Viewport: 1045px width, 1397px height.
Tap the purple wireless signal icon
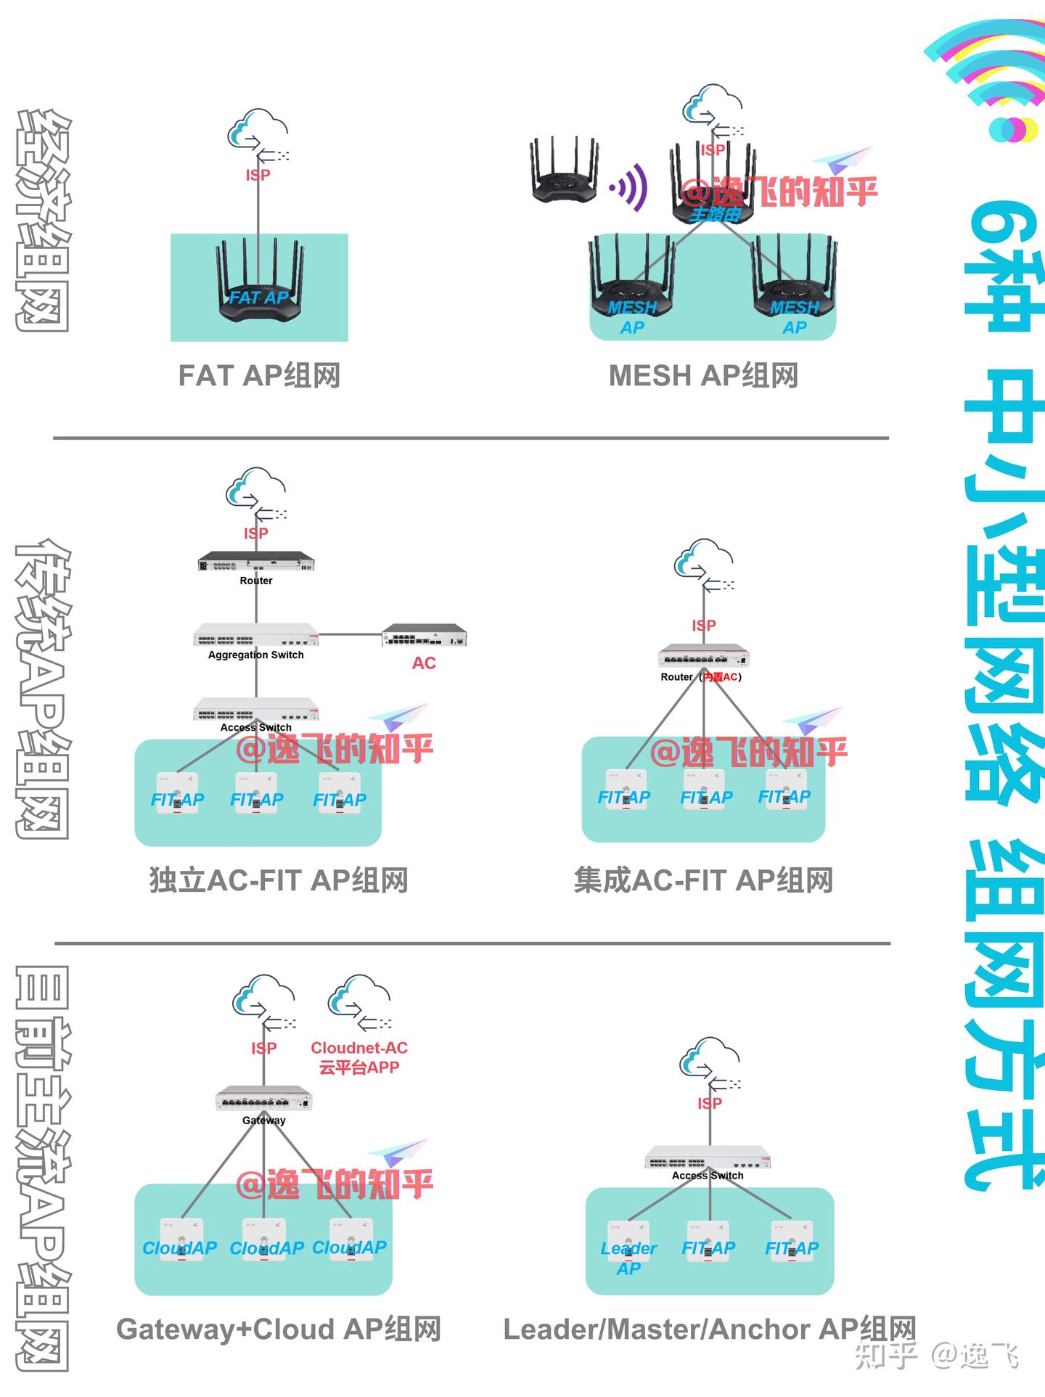pos(629,187)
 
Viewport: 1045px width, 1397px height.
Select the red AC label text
pos(424,663)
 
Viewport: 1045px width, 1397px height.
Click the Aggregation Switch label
pos(256,655)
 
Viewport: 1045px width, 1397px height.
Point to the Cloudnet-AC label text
pos(359,1048)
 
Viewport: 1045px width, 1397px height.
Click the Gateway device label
pos(263,1120)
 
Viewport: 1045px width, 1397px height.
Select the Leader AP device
pos(628,1243)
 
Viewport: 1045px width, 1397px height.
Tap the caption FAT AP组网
pos(259,376)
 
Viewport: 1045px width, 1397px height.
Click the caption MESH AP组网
pos(703,376)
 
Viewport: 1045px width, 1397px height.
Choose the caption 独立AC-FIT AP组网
pos(279,880)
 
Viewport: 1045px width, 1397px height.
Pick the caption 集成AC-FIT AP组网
pos(703,880)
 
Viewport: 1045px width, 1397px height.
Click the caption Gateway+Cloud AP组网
pos(279,1329)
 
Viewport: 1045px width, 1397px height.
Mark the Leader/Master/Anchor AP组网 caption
pos(710,1329)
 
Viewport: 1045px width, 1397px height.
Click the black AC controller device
pos(425,635)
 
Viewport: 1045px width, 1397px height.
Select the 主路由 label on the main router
pos(715,214)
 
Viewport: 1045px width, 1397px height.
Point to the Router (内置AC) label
pos(701,677)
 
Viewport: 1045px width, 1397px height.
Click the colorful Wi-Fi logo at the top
pos(987,80)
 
